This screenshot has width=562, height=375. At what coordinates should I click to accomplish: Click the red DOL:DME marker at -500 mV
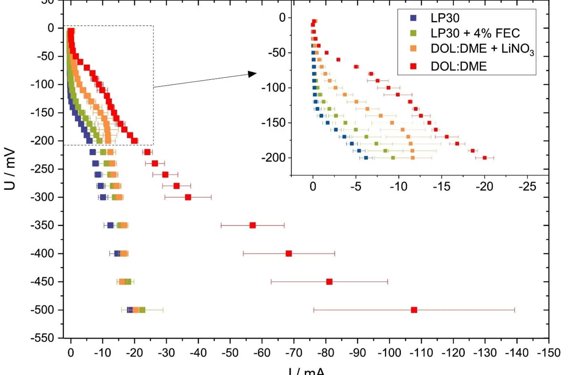click(414, 310)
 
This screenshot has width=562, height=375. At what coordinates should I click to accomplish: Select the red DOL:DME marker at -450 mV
click(329, 282)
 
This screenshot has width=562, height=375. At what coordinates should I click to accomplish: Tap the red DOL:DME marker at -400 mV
click(288, 254)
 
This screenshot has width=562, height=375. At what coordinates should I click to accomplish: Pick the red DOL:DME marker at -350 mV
click(252, 225)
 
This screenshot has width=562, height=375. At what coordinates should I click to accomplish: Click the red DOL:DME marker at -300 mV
click(188, 197)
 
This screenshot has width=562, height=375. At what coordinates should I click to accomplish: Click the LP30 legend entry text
click(445, 18)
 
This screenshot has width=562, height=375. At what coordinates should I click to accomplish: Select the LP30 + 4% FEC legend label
click(475, 33)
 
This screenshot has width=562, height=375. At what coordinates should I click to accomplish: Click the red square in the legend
click(413, 66)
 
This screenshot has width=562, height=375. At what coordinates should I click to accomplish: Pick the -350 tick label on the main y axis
click(42, 225)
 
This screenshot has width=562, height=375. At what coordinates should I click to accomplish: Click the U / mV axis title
click(10, 169)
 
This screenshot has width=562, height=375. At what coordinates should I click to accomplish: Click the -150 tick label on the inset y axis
click(273, 123)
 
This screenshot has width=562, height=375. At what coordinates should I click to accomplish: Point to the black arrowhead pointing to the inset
click(252, 74)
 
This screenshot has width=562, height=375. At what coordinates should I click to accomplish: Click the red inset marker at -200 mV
click(484, 158)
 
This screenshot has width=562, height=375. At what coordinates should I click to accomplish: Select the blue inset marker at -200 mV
click(366, 158)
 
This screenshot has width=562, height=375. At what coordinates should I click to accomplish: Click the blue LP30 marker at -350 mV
click(110, 225)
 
